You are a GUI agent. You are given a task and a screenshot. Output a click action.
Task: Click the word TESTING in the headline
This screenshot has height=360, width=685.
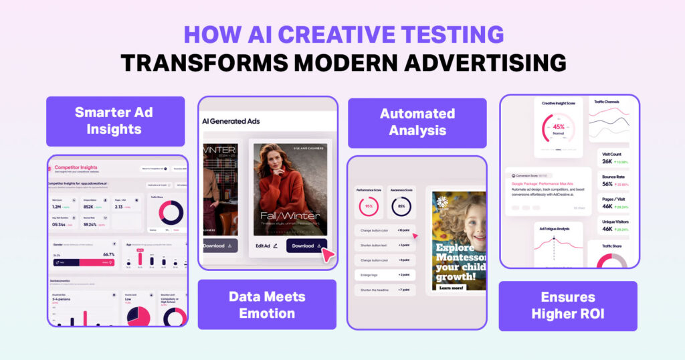(446, 34)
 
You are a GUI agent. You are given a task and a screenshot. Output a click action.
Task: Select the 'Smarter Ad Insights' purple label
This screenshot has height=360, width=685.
(115, 120)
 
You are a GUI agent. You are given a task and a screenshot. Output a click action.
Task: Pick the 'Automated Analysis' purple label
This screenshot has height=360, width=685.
(417, 122)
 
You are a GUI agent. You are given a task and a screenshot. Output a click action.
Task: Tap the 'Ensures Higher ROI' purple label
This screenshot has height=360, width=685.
(568, 305)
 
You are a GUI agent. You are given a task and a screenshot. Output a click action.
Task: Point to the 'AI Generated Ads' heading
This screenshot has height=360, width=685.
(231, 121)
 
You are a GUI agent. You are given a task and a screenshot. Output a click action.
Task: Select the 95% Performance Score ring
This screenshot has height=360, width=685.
(369, 206)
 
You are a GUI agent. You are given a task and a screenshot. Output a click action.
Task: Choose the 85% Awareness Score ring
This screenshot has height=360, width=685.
(401, 206)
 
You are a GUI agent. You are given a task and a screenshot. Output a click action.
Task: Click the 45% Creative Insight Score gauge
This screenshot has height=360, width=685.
(558, 126)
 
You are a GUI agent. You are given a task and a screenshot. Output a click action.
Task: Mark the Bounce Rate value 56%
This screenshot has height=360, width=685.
(608, 183)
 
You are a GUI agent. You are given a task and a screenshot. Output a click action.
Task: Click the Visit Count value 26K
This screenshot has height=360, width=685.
(607, 161)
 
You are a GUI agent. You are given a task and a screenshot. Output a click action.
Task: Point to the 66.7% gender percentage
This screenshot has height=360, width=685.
(108, 254)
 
